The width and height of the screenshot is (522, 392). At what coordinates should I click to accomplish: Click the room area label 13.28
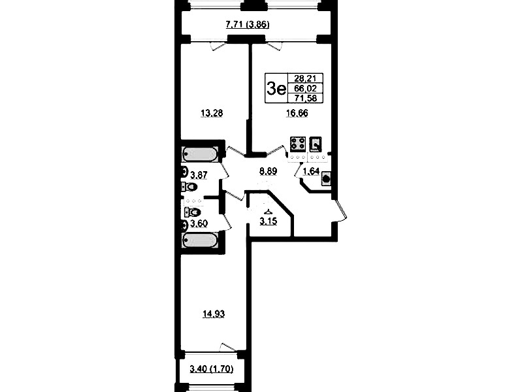click(x=212, y=114)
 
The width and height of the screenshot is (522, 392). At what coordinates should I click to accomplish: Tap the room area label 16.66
click(x=297, y=113)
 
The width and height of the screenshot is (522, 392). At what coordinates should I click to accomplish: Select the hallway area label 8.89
click(x=268, y=172)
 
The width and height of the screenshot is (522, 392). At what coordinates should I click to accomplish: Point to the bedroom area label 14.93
click(x=214, y=314)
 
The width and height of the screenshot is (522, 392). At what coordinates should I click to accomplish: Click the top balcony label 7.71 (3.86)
click(x=248, y=25)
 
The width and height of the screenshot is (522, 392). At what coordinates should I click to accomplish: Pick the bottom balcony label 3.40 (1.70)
click(x=212, y=369)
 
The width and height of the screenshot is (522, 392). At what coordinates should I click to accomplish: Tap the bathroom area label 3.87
click(x=199, y=174)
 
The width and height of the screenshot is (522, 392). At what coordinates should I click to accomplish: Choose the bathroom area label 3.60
click(x=199, y=224)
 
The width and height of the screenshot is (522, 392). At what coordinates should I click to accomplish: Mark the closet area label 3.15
click(x=268, y=221)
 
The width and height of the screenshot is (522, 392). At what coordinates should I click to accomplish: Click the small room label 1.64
click(x=311, y=172)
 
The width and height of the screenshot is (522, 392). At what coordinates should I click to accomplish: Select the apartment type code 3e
click(x=276, y=89)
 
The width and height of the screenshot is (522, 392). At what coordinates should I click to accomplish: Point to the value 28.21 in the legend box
click(x=304, y=78)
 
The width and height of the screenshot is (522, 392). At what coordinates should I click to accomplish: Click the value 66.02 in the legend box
click(x=305, y=88)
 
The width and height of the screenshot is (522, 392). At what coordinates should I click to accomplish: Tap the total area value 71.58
click(x=305, y=98)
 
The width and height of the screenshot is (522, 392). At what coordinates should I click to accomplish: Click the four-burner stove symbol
click(x=298, y=144)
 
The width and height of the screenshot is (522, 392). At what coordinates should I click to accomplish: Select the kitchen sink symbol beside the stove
click(x=316, y=144)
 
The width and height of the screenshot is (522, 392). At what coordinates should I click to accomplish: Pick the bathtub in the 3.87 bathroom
click(x=199, y=154)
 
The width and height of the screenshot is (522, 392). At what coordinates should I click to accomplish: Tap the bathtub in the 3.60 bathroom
click(x=199, y=240)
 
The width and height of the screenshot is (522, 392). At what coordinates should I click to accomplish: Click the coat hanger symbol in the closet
click(x=268, y=211)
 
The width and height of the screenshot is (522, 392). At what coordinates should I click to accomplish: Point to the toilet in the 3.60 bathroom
click(x=193, y=212)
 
